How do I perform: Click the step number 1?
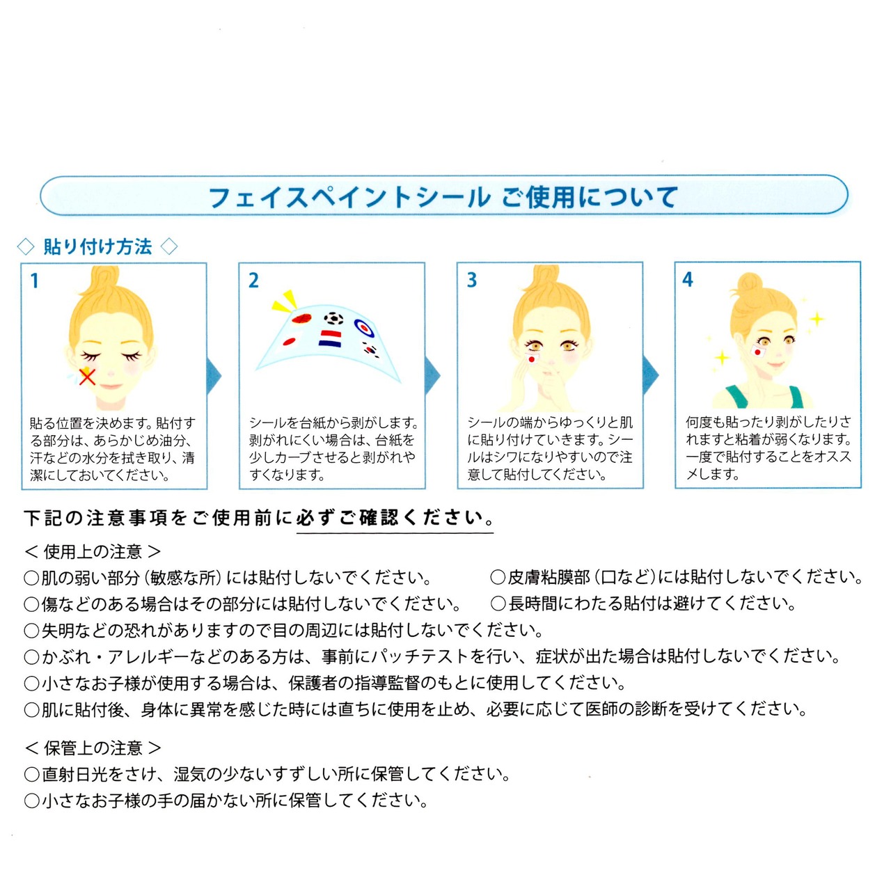(35, 281)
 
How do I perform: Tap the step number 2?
(253, 281)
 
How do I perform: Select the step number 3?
(472, 280)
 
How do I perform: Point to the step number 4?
(688, 280)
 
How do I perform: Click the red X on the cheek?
(87, 377)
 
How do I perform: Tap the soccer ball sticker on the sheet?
(334, 319)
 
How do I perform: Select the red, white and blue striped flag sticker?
(329, 339)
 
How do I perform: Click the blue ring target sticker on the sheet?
(364, 326)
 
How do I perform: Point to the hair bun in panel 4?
(749, 283)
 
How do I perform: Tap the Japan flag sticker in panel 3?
(531, 358)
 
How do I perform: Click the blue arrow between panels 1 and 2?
(214, 376)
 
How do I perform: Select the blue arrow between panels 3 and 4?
(650, 375)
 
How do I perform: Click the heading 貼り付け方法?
(97, 246)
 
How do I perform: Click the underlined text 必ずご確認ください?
(395, 518)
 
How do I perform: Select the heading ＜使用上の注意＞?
(93, 552)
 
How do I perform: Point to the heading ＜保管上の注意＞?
(93, 748)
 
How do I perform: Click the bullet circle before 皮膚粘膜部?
(498, 577)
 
